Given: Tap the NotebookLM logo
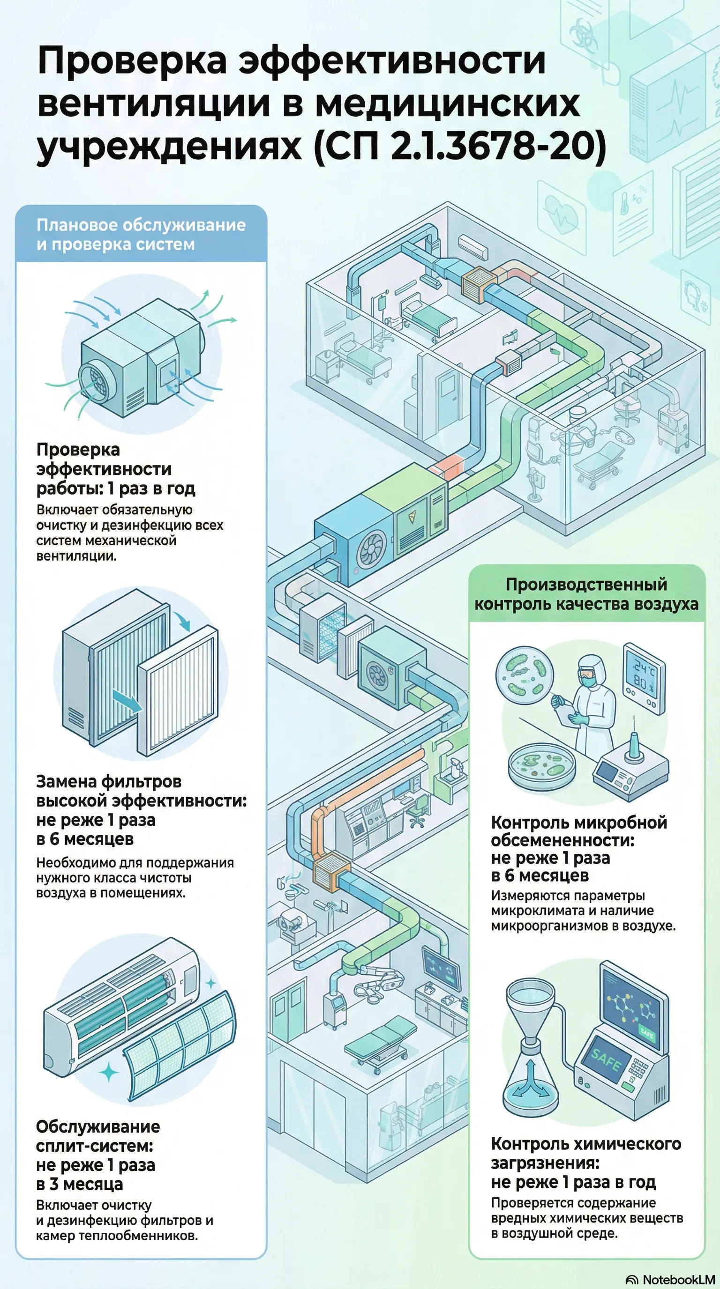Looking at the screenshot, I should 671,1280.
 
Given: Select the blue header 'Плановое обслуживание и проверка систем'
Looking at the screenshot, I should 141,234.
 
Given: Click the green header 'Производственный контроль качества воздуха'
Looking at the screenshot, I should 586,594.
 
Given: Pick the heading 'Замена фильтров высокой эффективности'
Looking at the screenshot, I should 141,791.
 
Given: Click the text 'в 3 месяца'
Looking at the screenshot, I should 80,1184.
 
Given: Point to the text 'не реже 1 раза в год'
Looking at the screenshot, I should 573,1182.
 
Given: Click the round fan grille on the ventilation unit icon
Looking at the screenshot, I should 97,383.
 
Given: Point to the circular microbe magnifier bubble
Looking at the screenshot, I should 524,674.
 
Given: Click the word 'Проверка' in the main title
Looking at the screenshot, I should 132,61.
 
